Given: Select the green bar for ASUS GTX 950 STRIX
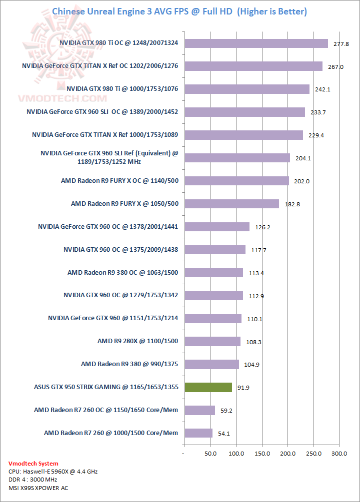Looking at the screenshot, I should tap(208, 387).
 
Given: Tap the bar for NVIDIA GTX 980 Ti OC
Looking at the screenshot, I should tap(256, 43).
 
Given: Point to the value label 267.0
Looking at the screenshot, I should tap(335, 67).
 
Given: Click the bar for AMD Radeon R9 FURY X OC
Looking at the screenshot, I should tap(236, 181).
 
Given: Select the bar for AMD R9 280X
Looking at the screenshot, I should tap(212, 341).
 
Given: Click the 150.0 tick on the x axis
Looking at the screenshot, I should tap(262, 454).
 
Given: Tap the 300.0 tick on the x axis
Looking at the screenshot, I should tap(339, 454).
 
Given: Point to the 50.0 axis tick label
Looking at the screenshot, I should tap(210, 454).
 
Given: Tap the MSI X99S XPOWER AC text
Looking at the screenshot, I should tap(38, 488).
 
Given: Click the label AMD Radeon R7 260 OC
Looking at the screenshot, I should tap(106, 410).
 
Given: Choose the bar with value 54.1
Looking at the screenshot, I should tap(198, 433).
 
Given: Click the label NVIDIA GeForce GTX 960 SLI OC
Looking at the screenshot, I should tap(102, 112).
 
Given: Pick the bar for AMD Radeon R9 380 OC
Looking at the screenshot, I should tap(213, 273).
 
